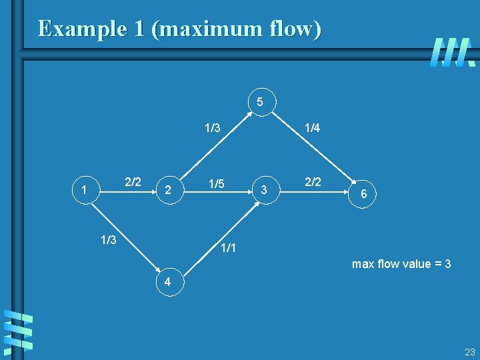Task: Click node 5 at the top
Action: (260, 102)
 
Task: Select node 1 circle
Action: (84, 191)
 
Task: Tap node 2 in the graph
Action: (169, 191)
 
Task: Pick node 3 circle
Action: (264, 191)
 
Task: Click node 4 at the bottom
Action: (168, 282)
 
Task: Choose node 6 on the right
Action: (363, 193)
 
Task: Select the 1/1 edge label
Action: (229, 249)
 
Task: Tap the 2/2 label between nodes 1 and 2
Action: (133, 181)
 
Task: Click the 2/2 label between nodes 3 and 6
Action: (312, 181)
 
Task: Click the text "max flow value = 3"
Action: (401, 264)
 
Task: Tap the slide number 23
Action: (470, 353)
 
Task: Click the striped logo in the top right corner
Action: (452, 52)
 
